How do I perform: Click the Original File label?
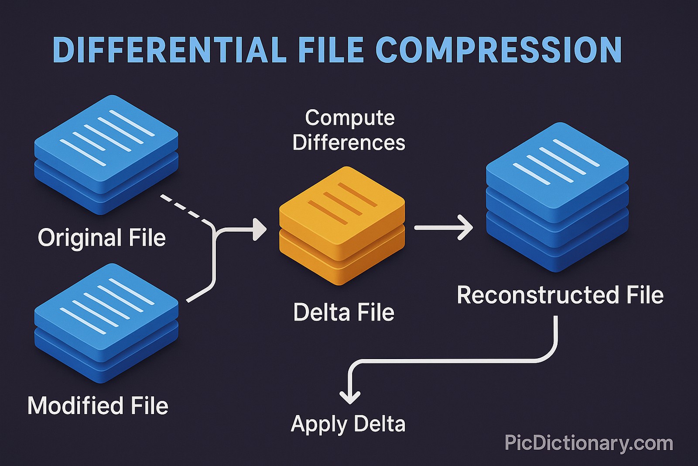tap(102, 238)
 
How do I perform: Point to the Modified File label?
tap(98, 406)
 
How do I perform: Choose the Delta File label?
tap(343, 312)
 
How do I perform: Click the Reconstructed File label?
tap(560, 295)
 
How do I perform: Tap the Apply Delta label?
tap(348, 424)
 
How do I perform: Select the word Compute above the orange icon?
tap(349, 118)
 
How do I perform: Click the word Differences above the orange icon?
tap(349, 143)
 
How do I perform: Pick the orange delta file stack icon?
tap(342, 225)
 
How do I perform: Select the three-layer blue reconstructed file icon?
tap(557, 197)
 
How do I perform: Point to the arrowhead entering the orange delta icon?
tap(260, 228)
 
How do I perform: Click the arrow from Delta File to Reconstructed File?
tap(443, 228)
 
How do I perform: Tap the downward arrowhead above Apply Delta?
tap(350, 396)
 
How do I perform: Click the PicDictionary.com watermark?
tap(589, 443)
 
